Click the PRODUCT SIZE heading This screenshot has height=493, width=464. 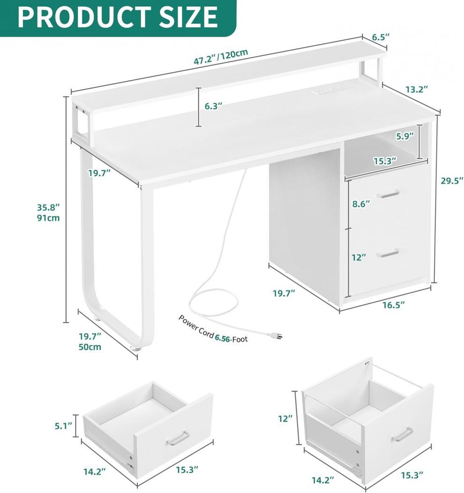point(118,16)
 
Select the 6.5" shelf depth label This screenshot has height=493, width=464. point(381,37)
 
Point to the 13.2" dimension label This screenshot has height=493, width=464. point(417,90)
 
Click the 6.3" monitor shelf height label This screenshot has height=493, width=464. point(213,106)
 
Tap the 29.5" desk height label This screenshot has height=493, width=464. point(452,181)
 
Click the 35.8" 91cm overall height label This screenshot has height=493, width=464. point(48,212)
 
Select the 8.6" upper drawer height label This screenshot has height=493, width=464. point(361,204)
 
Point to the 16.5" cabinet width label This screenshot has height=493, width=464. point(393,305)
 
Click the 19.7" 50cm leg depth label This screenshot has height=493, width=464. point(90,341)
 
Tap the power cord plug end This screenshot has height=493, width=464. point(278,336)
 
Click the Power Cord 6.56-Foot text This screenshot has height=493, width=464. point(213,329)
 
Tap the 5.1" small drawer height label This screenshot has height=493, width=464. point(63,426)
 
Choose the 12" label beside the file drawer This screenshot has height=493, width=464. point(285,418)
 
